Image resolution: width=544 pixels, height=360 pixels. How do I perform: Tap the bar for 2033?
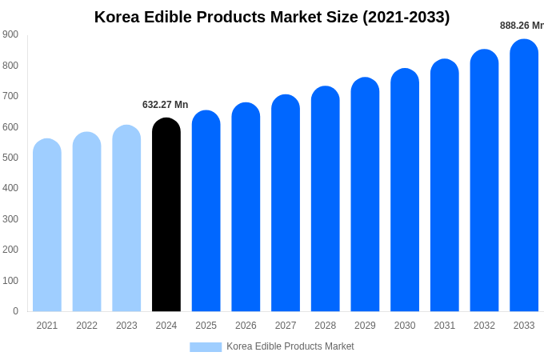pos(524,175)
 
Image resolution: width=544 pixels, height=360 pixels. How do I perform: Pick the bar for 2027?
pos(286,203)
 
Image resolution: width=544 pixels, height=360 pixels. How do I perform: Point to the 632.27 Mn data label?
pos(166,105)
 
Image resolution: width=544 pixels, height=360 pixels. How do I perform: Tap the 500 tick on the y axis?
pos(10,158)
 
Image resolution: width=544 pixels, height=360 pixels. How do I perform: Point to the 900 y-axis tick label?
pos(10,34)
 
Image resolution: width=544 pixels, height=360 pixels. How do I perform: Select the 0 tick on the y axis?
pos(15,311)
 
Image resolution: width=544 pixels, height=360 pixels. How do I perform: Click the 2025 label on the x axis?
pos(206,326)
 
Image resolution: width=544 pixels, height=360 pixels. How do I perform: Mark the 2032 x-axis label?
pos(484,326)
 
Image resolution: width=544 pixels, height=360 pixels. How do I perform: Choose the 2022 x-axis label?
pos(86,326)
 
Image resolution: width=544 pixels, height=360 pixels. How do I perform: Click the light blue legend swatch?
pos(206,346)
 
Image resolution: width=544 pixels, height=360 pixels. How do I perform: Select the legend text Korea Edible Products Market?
pos(290,346)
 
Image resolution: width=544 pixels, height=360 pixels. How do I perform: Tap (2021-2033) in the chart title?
pos(406,17)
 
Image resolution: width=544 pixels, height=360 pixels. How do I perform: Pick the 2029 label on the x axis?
pos(365,326)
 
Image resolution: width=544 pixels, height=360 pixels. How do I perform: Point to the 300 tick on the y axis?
pos(10,219)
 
